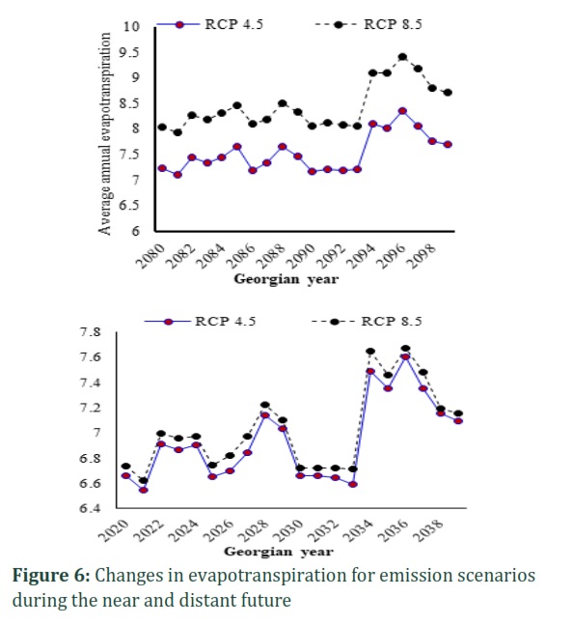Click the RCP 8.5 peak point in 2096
pos(402,57)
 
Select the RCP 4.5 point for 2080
pos(162,169)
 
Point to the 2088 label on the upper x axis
pos(271,255)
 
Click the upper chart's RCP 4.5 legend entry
pos(209,24)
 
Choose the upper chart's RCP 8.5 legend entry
pos(368,24)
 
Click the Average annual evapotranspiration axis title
pos(104,134)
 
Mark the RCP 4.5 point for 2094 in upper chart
pos(372,124)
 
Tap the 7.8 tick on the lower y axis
pos(90,331)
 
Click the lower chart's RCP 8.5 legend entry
pos(367,322)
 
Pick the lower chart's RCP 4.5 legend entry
pos(200,322)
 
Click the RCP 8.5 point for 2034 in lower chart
pos(370,352)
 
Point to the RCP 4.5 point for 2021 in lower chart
pos(143,490)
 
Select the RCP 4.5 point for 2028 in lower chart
pos(265,415)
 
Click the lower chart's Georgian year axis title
pos(279,552)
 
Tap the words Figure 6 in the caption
pos(51,576)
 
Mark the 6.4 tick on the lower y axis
pos(90,508)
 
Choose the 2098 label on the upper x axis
pos(423,255)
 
